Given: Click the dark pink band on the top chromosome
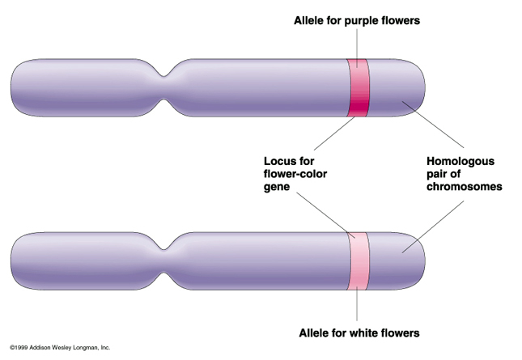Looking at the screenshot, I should tap(358, 88).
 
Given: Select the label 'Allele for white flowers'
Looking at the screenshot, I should tap(359, 332).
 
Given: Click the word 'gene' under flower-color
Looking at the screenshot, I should tap(278, 187).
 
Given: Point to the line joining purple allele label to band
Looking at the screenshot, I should tap(357, 43).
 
